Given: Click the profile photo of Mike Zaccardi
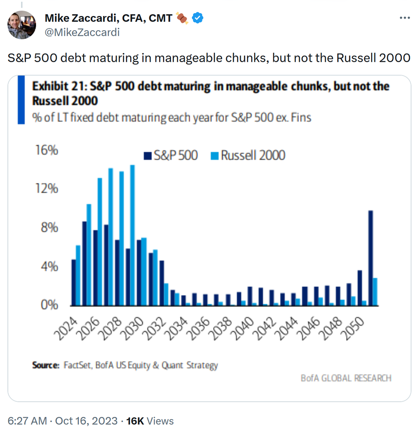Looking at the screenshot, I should tap(22, 25).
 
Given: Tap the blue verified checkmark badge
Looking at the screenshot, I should tap(198, 18).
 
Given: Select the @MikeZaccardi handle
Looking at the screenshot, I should tap(82, 32).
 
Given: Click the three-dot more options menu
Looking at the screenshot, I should tap(404, 18).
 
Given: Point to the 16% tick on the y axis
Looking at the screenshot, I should tap(47, 150).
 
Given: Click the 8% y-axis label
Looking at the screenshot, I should tap(49, 228).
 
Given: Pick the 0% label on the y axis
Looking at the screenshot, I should tap(49, 305).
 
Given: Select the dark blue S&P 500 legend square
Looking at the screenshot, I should tap(148, 156).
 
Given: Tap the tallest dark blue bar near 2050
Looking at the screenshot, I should tap(370, 258).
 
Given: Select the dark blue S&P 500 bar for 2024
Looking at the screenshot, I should tap(73, 282).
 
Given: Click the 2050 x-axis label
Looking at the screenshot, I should tap(353, 327).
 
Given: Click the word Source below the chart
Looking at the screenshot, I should tap(45, 365).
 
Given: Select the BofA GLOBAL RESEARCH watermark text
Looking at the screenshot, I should tap(346, 378).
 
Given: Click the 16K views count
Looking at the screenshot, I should tap(135, 421).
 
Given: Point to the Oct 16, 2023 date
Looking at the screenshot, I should tap(86, 421).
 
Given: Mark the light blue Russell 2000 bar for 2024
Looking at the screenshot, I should tap(78, 275).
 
